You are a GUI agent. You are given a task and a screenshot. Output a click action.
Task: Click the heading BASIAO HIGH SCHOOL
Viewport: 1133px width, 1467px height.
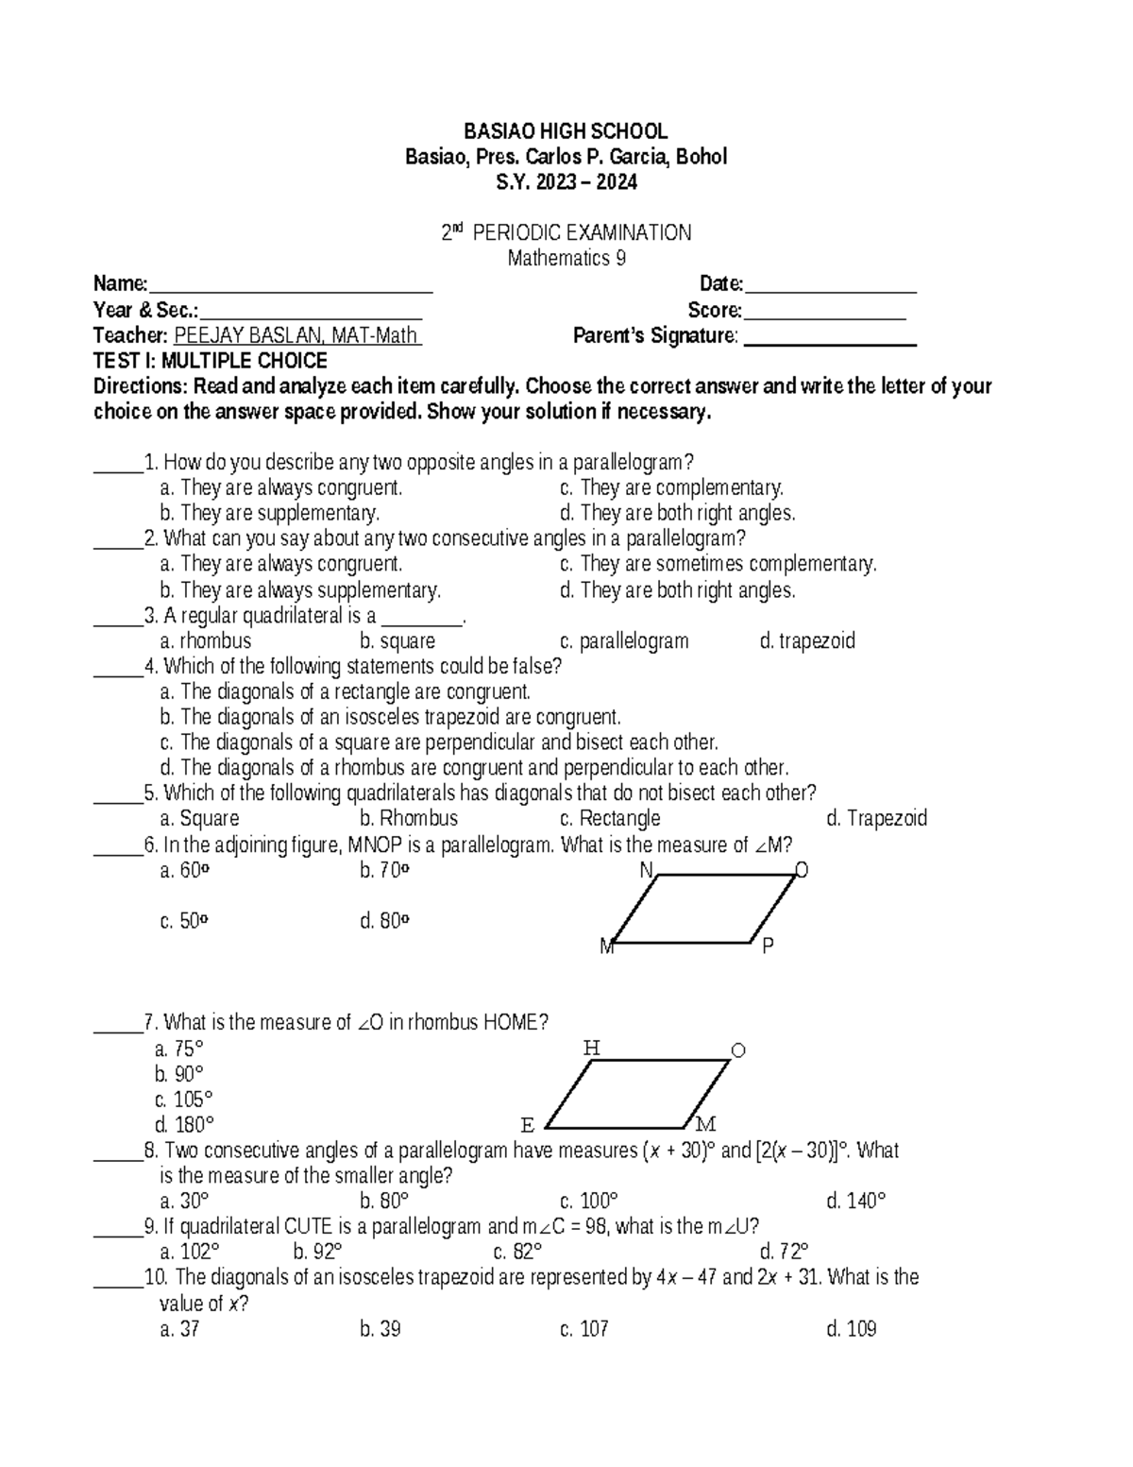click(x=566, y=131)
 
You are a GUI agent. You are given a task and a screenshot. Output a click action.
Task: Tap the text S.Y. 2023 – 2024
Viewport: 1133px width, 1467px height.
click(x=566, y=182)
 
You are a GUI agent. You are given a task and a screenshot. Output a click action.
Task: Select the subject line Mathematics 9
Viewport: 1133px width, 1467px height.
click(x=566, y=258)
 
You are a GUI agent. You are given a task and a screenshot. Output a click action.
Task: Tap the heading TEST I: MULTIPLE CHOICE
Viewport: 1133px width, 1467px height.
click(x=210, y=361)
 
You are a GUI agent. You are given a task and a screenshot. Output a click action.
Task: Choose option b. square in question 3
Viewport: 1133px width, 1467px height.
click(x=397, y=641)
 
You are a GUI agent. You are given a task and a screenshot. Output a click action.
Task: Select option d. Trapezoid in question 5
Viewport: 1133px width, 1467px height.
click(x=876, y=818)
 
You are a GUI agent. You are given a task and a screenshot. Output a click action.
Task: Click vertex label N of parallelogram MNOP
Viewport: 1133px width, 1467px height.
click(x=647, y=870)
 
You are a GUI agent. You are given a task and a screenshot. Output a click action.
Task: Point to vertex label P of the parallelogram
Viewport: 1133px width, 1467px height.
click(x=768, y=945)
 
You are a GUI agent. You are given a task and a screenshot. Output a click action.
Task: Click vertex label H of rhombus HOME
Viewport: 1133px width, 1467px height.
click(x=591, y=1048)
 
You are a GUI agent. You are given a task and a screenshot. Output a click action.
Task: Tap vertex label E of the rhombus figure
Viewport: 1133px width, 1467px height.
click(x=528, y=1125)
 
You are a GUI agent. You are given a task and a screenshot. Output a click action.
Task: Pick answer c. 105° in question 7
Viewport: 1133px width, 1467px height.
click(x=184, y=1100)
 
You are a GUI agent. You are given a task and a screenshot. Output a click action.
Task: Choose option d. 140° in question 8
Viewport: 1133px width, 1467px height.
click(x=855, y=1202)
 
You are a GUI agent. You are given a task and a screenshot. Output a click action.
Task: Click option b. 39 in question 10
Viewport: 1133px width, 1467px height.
click(x=380, y=1329)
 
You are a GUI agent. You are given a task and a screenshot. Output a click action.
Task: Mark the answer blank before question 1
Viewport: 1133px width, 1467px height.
click(x=117, y=465)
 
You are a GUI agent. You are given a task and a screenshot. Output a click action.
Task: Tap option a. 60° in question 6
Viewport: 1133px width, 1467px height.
click(x=184, y=870)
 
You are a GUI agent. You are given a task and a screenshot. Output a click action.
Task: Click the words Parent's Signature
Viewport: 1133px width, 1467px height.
click(x=654, y=335)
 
